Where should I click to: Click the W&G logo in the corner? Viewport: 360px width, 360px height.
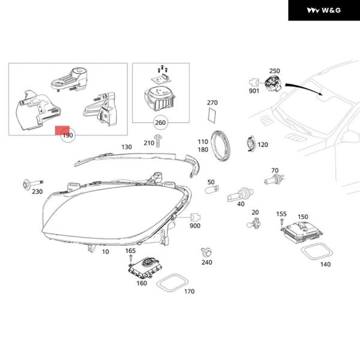(323, 10)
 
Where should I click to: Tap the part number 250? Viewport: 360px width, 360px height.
(274, 71)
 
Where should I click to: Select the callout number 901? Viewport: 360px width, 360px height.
(254, 91)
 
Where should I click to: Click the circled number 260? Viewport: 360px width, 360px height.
(160, 124)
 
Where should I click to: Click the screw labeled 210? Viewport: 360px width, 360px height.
(159, 142)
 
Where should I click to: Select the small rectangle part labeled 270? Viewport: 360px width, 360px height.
(212, 113)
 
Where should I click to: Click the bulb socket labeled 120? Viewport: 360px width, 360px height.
(248, 145)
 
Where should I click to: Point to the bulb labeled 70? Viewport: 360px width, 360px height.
(271, 178)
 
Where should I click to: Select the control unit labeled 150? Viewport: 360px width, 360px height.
(302, 230)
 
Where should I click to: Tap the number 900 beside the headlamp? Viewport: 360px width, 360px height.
(195, 226)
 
